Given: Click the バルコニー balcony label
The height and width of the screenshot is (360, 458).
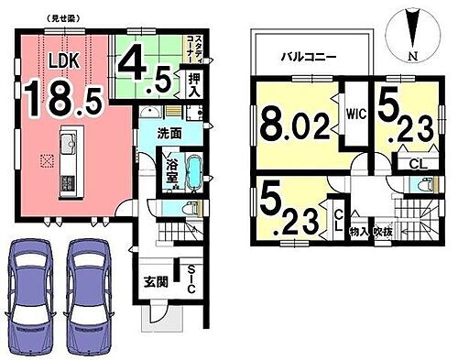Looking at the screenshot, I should pyautogui.click(x=308, y=56).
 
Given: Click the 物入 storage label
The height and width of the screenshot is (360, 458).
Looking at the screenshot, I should pyautogui.click(x=360, y=232).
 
